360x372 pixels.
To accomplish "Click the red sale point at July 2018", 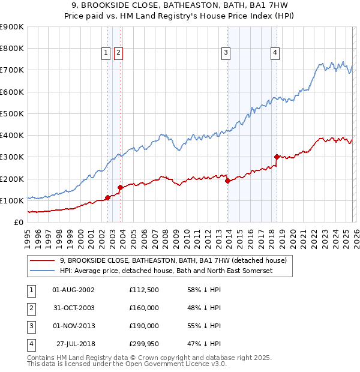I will tap(277, 157).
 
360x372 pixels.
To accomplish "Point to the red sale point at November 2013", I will tap(227, 181).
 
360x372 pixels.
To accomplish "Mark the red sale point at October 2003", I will tap(121, 187).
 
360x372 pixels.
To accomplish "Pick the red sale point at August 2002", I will tap(107, 197).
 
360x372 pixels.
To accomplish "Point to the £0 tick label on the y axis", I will tap(18, 222).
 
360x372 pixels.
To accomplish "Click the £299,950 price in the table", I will tap(143, 344).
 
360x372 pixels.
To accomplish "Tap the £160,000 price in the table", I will tap(143, 308).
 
